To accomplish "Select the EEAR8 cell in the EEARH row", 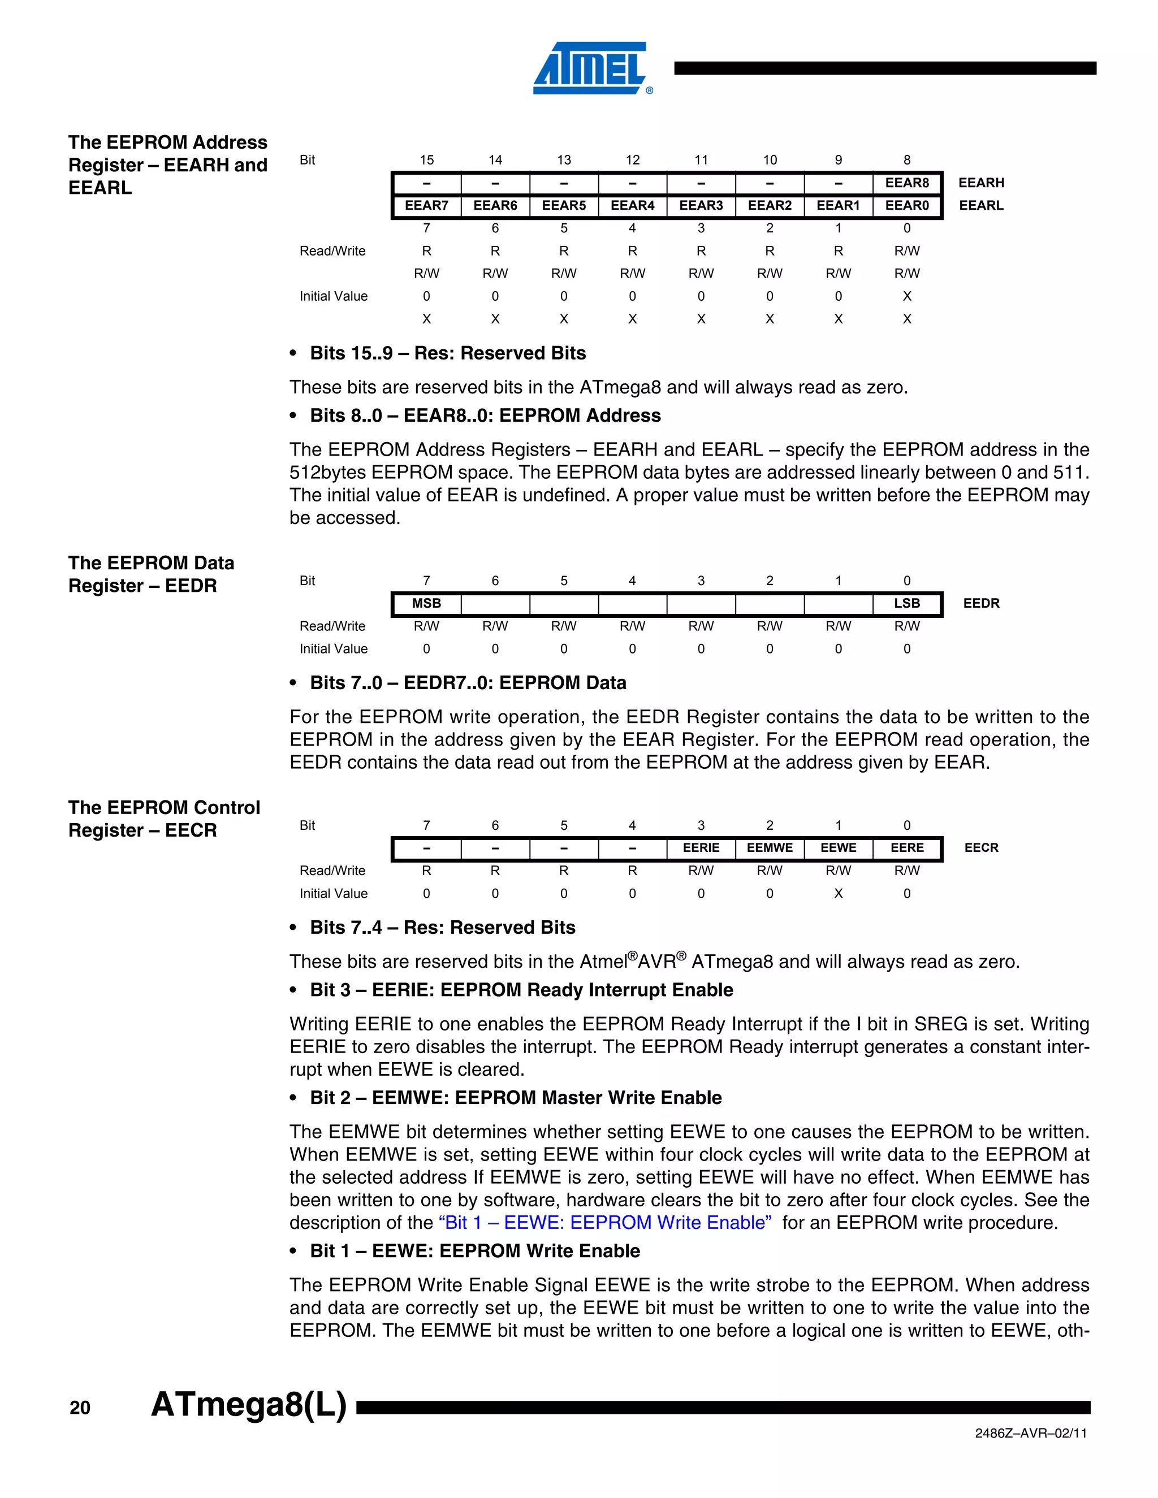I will click(906, 183).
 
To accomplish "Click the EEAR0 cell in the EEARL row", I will click(906, 206).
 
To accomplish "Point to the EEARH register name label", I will click(980, 183).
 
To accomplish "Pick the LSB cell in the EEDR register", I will click(906, 604).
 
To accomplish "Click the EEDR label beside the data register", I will click(980, 604).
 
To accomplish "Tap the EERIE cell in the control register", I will click(701, 848).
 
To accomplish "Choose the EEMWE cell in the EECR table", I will click(769, 848).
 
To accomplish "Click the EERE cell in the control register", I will click(906, 848).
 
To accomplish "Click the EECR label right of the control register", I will click(980, 848).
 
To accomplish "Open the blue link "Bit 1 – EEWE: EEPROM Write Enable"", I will click(604, 1223).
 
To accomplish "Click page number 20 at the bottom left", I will click(80, 1408).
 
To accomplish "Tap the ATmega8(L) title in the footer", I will click(248, 1404).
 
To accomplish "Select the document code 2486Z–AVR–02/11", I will click(1030, 1434).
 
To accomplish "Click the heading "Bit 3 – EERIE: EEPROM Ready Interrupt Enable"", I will click(521, 990).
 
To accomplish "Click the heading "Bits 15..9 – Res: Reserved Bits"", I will click(447, 353).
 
